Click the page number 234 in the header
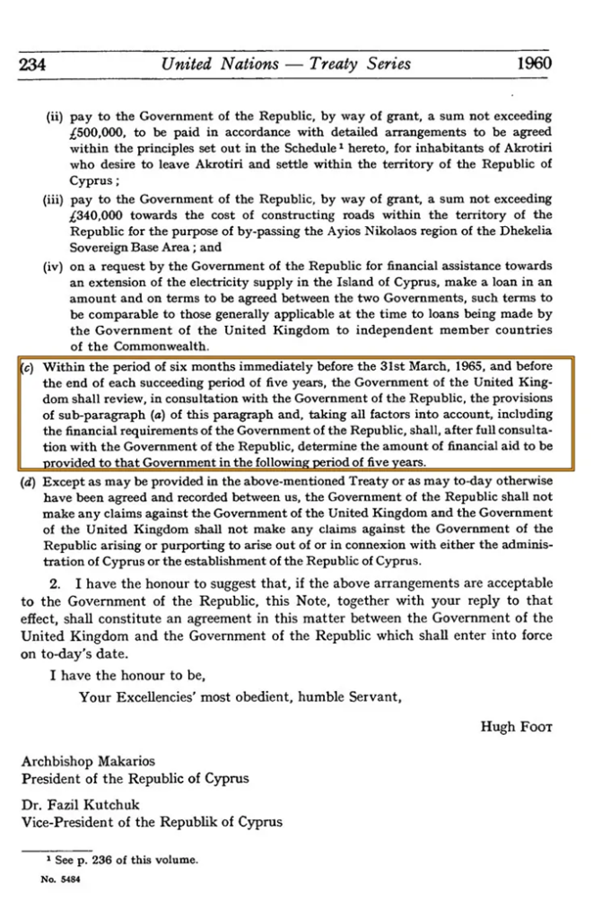click(33, 65)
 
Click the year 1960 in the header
click(534, 64)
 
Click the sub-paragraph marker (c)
click(28, 366)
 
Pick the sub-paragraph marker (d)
click(28, 482)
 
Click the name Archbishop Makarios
click(76, 762)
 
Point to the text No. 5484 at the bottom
click(58, 879)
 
